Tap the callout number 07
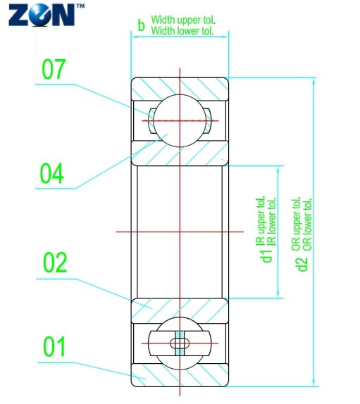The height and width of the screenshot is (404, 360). click(x=54, y=69)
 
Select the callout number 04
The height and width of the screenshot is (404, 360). click(x=51, y=173)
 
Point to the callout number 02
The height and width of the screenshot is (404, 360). click(x=55, y=263)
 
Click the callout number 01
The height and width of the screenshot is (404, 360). click(x=54, y=346)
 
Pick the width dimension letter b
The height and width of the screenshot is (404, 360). click(x=141, y=25)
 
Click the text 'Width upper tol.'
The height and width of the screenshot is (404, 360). click(x=183, y=20)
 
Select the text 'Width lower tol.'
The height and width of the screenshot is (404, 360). click(x=182, y=31)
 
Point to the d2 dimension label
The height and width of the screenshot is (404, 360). click(x=302, y=265)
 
